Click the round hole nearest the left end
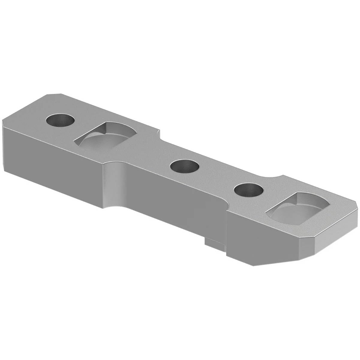(x=60, y=120)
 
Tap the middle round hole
(x=184, y=166)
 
